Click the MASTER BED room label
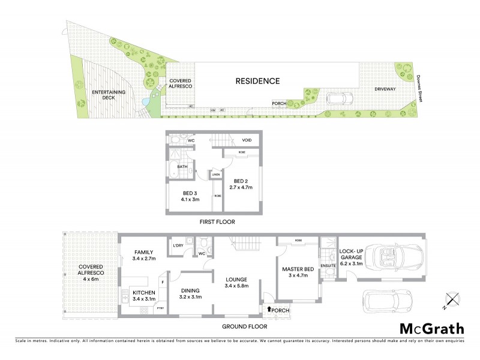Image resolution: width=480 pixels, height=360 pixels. (x=298, y=272)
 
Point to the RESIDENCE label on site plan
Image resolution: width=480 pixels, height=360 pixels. (x=257, y=80)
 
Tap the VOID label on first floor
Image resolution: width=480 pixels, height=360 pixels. (x=246, y=141)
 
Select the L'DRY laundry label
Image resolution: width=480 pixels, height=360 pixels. (x=177, y=247)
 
